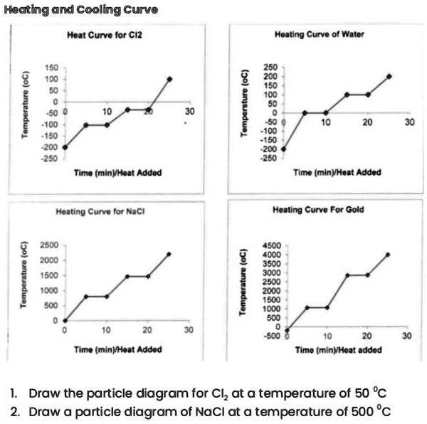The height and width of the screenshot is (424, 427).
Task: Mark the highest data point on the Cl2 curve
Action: pos(169,78)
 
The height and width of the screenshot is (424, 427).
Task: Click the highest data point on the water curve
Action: pos(389,76)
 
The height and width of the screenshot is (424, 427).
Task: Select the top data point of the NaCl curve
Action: pos(169,253)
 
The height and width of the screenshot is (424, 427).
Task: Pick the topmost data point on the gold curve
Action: pos(388,254)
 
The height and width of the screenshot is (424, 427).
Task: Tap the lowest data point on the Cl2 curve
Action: pos(65,147)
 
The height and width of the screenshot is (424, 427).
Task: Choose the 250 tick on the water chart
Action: pos(271,68)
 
